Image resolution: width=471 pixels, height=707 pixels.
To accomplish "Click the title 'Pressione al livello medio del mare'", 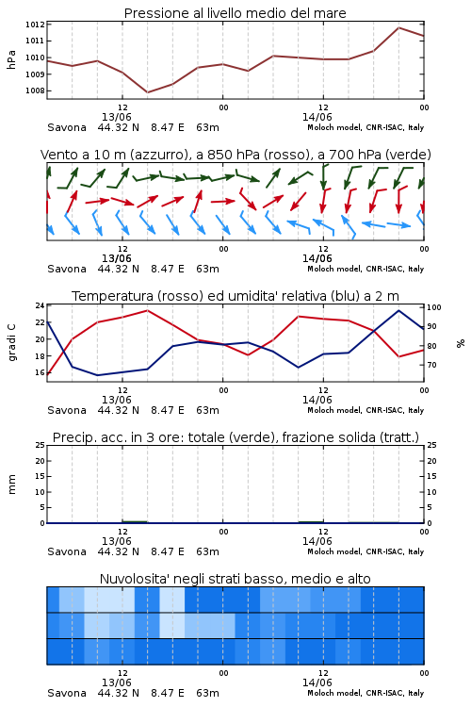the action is (235, 13).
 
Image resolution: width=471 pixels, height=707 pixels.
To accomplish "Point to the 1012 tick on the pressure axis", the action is (35, 25).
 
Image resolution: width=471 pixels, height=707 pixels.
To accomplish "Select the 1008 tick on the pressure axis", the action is (35, 90).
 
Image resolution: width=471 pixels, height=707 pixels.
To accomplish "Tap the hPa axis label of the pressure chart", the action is (11, 59).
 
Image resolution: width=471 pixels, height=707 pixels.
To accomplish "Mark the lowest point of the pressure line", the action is (147, 92).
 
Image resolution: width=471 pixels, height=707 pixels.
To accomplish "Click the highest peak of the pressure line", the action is (398, 27).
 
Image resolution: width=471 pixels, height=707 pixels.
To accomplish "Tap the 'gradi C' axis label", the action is (11, 342).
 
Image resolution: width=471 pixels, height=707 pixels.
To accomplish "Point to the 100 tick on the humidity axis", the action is (434, 307).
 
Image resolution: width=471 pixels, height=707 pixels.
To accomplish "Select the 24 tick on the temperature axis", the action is (40, 305).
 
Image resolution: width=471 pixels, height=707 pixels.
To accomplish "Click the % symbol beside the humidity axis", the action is (461, 343).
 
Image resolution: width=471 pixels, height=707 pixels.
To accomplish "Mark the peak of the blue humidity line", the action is (398, 310).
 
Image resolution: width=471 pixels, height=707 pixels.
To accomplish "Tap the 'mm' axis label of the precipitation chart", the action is (11, 485).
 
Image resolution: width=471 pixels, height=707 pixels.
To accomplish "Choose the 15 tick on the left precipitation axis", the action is (41, 476).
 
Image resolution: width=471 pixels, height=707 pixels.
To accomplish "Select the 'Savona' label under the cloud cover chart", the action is (67, 693).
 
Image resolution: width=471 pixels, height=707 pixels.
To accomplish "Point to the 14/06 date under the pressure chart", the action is (317, 117).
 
